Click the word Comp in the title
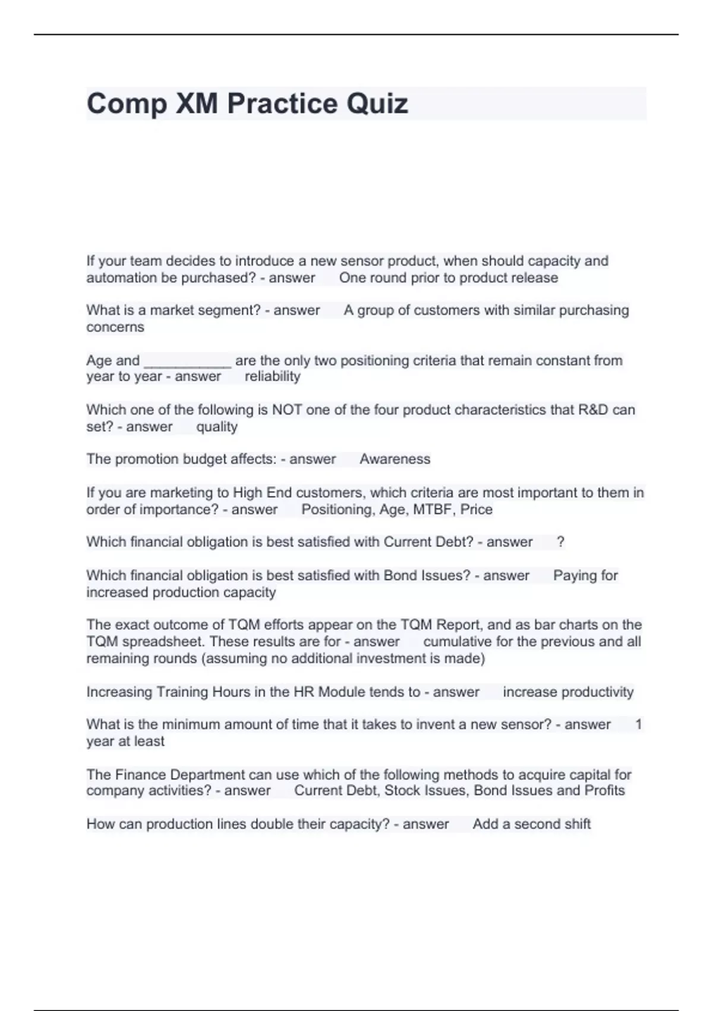pos(126,104)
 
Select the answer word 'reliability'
pos(273,376)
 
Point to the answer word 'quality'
pos(217,426)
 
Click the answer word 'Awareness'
pos(395,459)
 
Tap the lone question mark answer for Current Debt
pos(560,542)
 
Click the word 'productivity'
pos(597,692)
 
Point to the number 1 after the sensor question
pos(638,724)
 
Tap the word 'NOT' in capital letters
pos(287,410)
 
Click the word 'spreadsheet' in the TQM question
pos(157,642)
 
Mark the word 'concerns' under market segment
pos(115,327)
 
